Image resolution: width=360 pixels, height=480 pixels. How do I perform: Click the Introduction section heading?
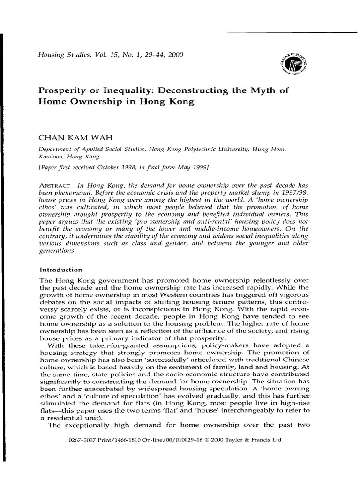[x=61, y=270]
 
